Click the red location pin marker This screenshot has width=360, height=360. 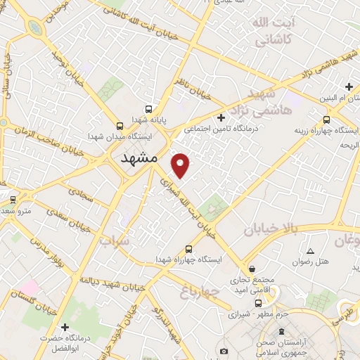[x=181, y=165]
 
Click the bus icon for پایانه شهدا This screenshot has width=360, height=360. [x=148, y=109]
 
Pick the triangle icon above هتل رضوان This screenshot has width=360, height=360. [x=310, y=251]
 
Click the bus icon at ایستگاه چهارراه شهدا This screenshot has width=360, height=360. [x=188, y=249]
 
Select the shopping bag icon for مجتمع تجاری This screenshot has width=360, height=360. [x=252, y=269]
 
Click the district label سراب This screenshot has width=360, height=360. [x=115, y=243]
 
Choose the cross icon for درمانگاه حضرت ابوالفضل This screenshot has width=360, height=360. [x=65, y=326]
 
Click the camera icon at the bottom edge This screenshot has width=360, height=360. [x=224, y=351]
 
